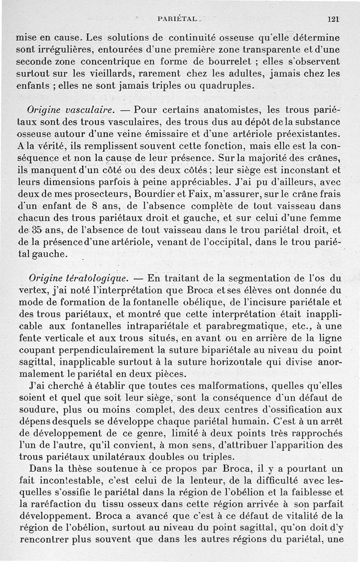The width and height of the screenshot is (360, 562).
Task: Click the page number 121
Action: pyautogui.click(x=333, y=19)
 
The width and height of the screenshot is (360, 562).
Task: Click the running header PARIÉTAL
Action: pyautogui.click(x=177, y=19)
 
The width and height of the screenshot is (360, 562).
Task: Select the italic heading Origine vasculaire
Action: pyautogui.click(x=72, y=109)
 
